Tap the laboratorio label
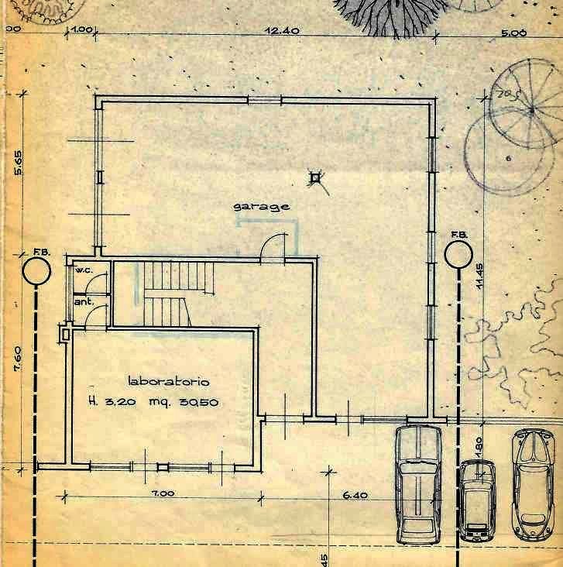tap(168, 381)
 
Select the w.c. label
tap(83, 270)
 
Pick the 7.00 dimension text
tap(162, 493)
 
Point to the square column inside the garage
tap(314, 178)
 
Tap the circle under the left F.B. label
tap(36, 271)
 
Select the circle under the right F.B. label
tap(458, 253)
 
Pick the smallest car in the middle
tap(476, 501)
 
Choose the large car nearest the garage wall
tap(418, 484)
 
